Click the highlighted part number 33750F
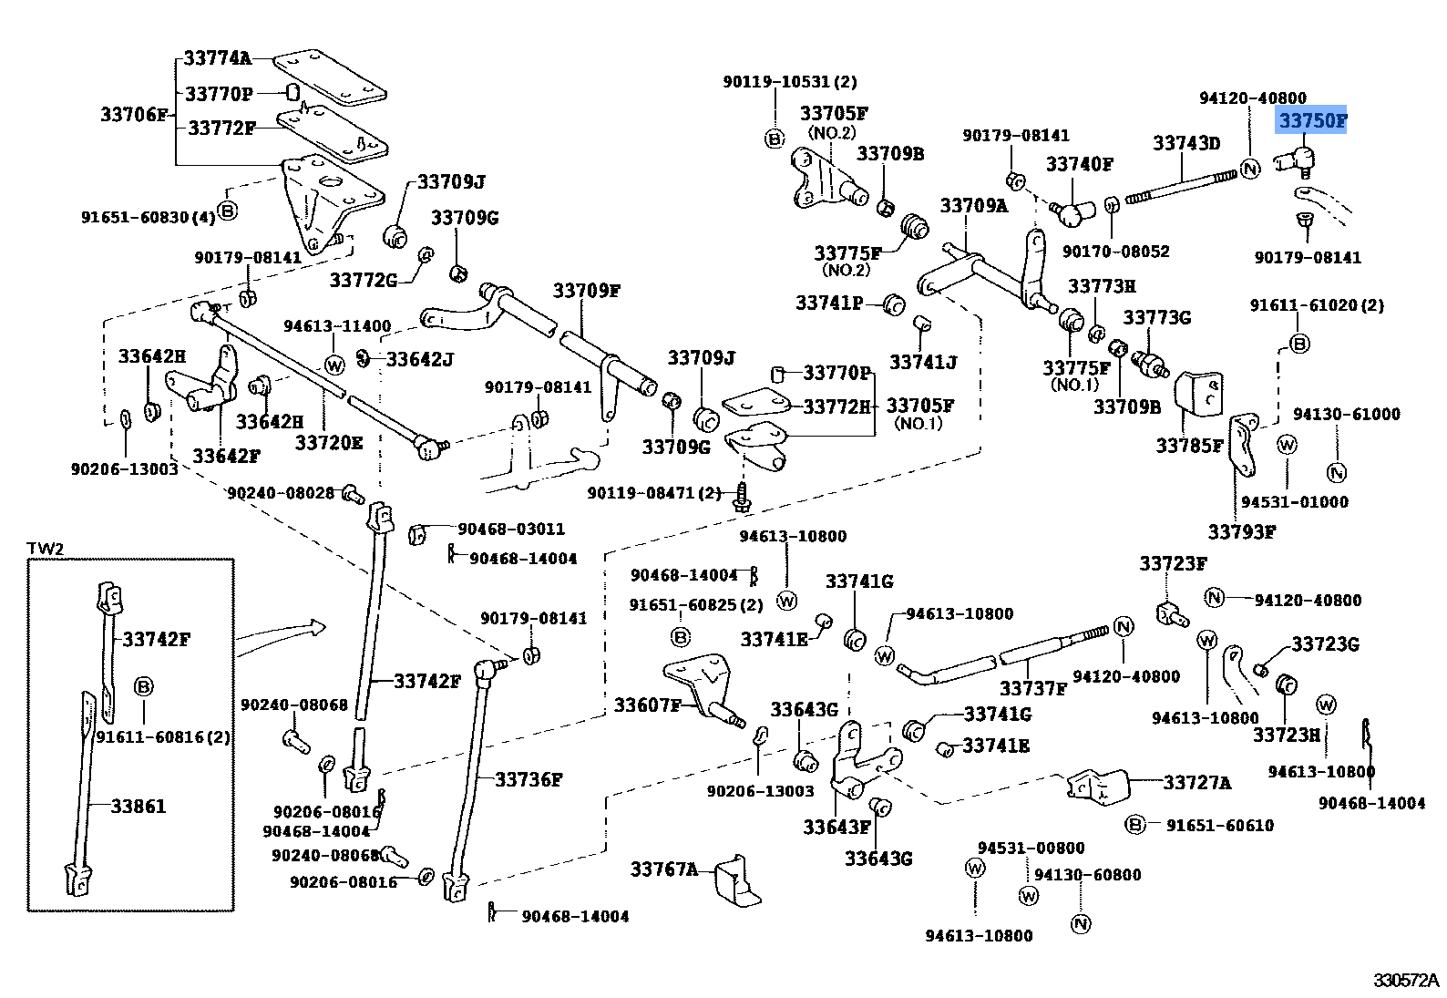(x=1311, y=120)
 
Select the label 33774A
(x=217, y=58)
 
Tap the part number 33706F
(x=134, y=115)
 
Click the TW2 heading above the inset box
(x=45, y=549)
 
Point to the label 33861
(x=139, y=807)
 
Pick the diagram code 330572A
(x=1405, y=981)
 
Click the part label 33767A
(x=663, y=869)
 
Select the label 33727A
(x=1197, y=783)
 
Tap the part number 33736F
(x=529, y=779)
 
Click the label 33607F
(x=647, y=705)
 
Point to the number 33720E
(x=328, y=443)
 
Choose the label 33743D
(x=1186, y=143)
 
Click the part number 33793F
(x=1241, y=532)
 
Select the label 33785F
(x=1189, y=446)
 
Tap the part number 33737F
(x=1032, y=688)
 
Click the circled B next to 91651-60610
(x=1134, y=825)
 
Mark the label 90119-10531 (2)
(x=790, y=82)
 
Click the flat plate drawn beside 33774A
(x=330, y=79)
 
